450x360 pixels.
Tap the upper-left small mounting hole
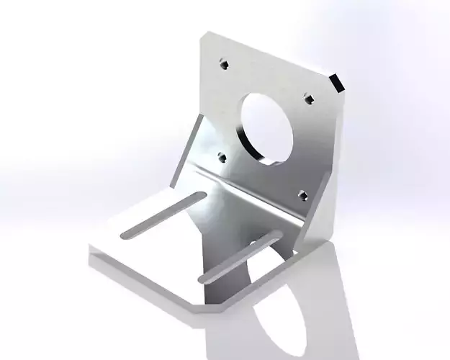click(225, 65)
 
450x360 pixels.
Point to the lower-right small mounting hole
click(302, 194)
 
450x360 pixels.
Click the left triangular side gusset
click(186, 155)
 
